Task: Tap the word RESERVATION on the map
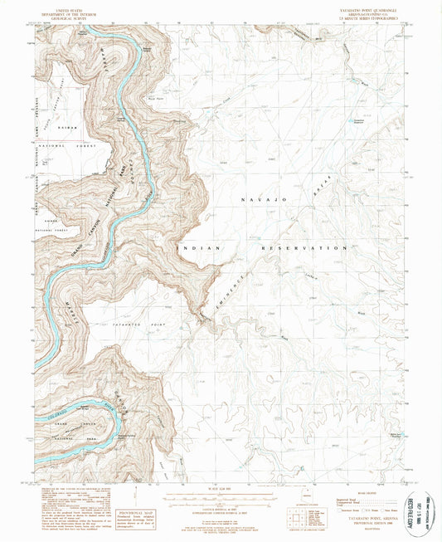[304, 248]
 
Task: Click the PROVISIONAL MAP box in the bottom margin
[134, 516]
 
